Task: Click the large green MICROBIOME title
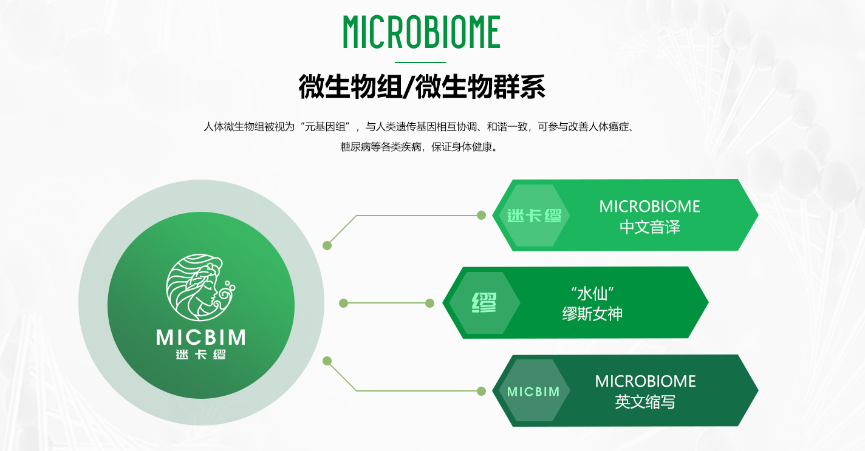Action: point(422,32)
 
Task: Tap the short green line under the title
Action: point(420,62)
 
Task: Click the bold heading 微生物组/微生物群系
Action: point(422,86)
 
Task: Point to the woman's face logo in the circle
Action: point(200,287)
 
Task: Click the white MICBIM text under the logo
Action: point(201,337)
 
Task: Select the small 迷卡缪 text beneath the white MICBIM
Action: point(201,354)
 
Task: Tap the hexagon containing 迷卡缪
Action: point(534,215)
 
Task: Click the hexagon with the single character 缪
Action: point(484,303)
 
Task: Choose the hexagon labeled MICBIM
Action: point(534,391)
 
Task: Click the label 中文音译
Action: point(649,227)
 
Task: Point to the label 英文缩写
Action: point(645,402)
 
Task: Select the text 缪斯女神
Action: point(592,314)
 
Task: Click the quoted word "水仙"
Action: point(592,294)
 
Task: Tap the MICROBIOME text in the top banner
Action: point(649,207)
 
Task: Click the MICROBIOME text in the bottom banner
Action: point(645,382)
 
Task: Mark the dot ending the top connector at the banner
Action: point(481,215)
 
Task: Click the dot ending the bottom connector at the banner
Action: point(481,391)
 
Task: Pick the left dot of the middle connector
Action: point(343,303)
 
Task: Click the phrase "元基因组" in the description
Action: point(325,127)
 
